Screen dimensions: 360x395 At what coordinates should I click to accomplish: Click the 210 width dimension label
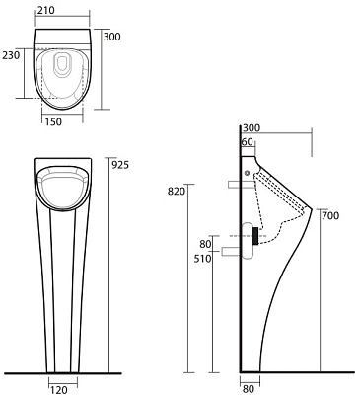45,11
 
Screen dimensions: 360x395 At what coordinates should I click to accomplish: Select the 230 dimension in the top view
11,55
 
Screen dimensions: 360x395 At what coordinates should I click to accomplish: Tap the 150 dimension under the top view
53,122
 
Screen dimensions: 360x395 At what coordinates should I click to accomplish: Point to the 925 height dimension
120,165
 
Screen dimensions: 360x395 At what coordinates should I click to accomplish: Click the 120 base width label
59,390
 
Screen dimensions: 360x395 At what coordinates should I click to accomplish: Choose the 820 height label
177,191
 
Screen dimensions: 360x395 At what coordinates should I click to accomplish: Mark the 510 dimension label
202,259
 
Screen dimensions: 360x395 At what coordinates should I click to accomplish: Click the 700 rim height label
330,216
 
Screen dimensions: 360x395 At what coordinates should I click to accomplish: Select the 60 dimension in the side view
248,142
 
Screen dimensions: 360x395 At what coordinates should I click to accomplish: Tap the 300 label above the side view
252,128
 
